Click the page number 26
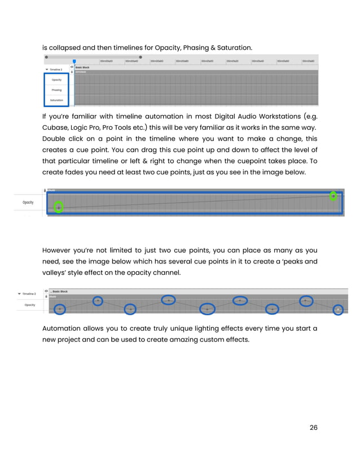point(314,428)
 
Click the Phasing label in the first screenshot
point(56,90)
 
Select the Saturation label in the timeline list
point(56,100)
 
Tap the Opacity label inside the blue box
point(56,80)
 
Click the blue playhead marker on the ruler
point(74,61)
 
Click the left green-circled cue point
point(59,208)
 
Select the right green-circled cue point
point(333,196)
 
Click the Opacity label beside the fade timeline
point(29,202)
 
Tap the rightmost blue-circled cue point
point(337,309)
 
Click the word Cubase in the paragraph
point(56,128)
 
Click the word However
point(59,250)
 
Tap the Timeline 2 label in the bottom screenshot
point(29,294)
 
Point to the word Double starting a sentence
point(56,139)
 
